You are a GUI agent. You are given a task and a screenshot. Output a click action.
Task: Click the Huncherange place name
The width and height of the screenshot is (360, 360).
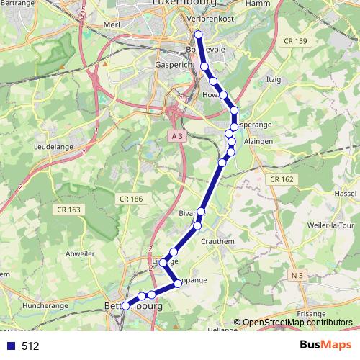point(45,305)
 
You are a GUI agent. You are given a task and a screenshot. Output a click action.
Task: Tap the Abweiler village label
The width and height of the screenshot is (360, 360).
point(79,253)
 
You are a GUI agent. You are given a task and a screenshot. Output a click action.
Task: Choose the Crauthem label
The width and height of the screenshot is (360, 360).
point(217,242)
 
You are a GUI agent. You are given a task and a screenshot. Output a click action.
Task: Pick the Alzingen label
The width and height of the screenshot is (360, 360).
point(256,143)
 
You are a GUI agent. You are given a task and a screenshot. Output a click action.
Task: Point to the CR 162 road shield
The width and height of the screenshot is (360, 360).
point(283,179)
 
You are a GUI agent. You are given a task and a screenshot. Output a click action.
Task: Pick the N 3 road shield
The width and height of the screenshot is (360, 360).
point(298,274)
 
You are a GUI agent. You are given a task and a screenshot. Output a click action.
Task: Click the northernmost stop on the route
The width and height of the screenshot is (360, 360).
point(198,34)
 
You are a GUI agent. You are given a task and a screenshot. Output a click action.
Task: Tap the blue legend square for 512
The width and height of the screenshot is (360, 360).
point(11,346)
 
